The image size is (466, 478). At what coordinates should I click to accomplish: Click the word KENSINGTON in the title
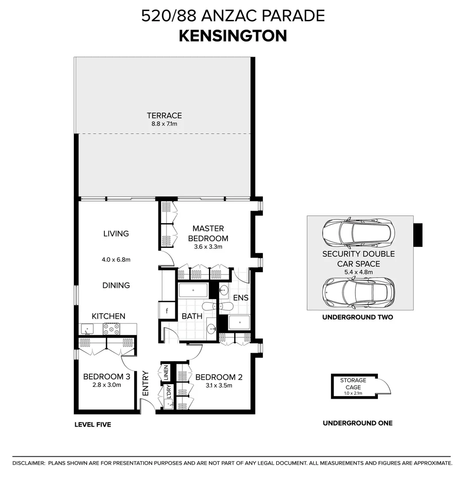(233, 36)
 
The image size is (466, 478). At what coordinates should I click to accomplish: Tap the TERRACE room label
(164, 116)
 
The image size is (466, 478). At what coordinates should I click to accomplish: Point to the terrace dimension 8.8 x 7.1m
(164, 124)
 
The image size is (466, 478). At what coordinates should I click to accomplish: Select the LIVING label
(116, 234)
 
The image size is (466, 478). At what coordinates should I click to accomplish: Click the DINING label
(116, 285)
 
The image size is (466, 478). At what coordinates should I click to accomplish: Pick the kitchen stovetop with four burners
(112, 329)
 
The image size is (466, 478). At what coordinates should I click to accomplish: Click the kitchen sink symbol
(87, 329)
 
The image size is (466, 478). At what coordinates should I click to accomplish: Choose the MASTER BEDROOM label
(208, 234)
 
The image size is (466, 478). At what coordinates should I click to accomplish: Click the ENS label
(241, 298)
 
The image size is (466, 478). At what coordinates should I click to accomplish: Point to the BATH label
(192, 316)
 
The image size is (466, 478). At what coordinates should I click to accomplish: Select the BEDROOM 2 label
(219, 378)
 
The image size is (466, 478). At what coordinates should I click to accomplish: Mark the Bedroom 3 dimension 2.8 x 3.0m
(106, 385)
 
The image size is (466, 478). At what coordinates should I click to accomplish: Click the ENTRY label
(146, 383)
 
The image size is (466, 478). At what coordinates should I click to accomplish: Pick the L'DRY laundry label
(169, 392)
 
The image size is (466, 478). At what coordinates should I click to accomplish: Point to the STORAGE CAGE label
(353, 384)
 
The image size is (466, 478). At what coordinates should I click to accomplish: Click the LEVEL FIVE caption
(92, 425)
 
